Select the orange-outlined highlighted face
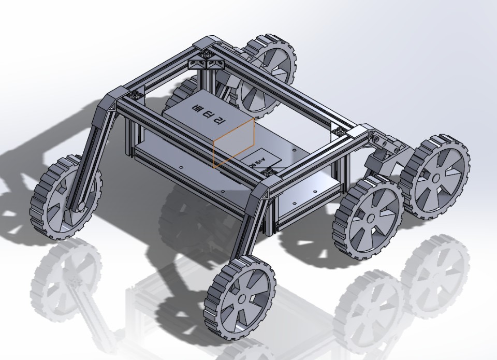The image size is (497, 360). (x=234, y=142)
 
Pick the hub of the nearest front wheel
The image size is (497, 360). (x=242, y=298)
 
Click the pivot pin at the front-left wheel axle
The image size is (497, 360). (x=81, y=208)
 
